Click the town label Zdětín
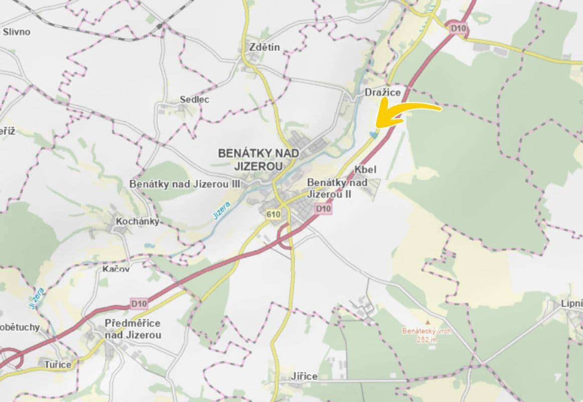(x=264, y=48)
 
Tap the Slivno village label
(x=17, y=32)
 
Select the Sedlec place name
(x=194, y=99)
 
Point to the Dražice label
(x=383, y=92)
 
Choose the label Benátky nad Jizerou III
(x=185, y=184)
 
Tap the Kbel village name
(x=365, y=169)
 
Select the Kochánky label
(x=137, y=221)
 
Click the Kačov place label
(x=116, y=269)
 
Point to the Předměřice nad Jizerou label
(x=133, y=329)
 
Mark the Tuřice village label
(x=58, y=364)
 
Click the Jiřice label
(x=304, y=376)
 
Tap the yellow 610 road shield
(x=273, y=215)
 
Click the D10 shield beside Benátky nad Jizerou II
(x=324, y=209)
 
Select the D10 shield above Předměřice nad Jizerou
(x=139, y=304)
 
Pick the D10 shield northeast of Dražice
(x=459, y=29)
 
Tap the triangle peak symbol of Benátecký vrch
(x=427, y=322)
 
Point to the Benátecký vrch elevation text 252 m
(x=427, y=339)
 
